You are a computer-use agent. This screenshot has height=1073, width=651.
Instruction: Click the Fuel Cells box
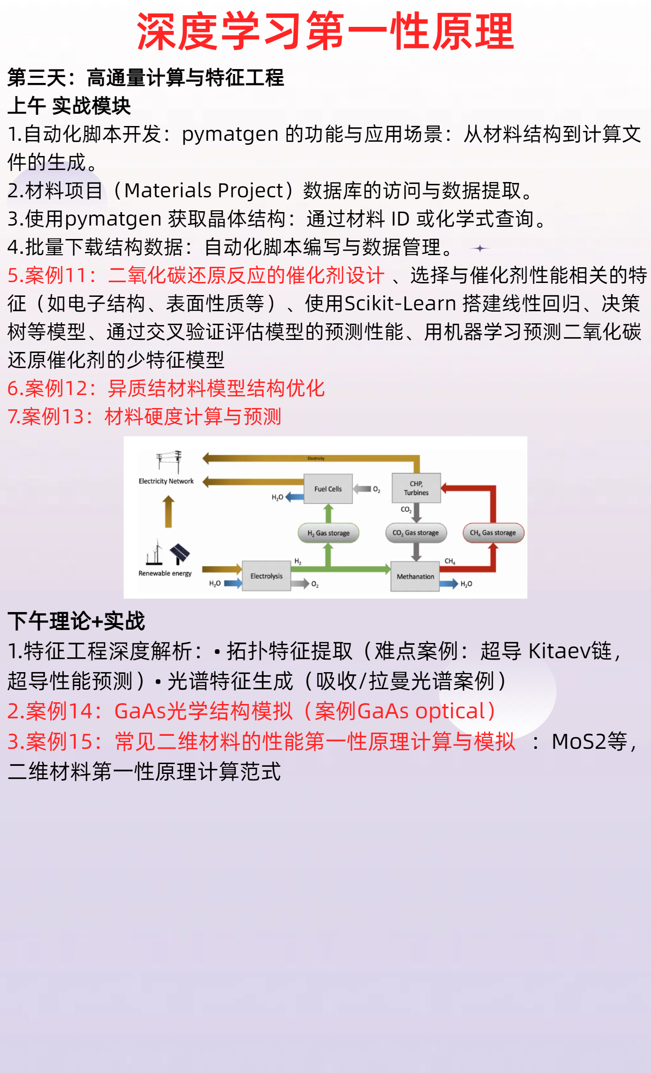(x=328, y=489)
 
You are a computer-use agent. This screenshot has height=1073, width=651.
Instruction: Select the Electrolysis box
(x=266, y=576)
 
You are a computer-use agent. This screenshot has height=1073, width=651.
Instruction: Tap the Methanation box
(x=415, y=576)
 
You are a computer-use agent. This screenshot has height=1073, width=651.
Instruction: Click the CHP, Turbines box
(x=416, y=488)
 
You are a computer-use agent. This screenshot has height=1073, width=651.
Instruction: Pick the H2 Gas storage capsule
(x=328, y=533)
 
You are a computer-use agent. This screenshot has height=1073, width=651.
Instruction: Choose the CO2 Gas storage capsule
(x=416, y=533)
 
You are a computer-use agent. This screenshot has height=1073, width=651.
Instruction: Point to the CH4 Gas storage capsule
(x=493, y=533)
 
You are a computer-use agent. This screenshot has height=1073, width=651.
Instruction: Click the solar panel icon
(x=180, y=553)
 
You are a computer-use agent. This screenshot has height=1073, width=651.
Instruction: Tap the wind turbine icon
(x=155, y=552)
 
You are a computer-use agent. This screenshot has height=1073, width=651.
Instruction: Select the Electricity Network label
(x=166, y=481)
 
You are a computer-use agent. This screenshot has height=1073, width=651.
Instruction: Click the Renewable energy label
(x=165, y=573)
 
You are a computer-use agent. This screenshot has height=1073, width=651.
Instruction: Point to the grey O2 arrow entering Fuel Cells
(x=362, y=489)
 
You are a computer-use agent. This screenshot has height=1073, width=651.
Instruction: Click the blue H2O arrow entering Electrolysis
(x=233, y=583)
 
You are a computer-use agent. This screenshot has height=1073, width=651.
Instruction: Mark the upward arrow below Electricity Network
(x=168, y=511)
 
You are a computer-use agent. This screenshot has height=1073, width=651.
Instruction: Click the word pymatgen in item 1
(x=230, y=134)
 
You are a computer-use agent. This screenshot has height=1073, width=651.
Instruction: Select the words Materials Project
(x=204, y=191)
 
